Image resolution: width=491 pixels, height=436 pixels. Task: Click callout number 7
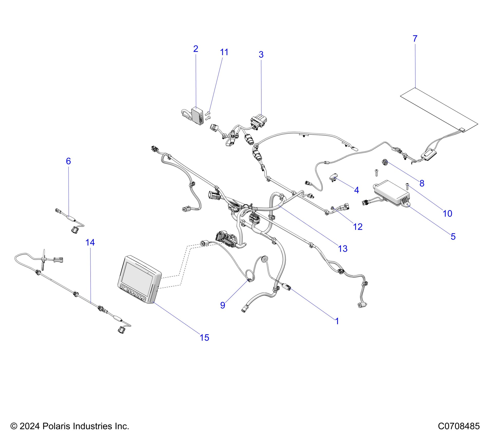point(415,39)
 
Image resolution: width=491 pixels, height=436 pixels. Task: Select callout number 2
point(196,49)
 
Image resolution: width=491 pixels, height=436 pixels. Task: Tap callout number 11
point(224,52)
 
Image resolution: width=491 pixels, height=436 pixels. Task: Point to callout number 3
point(261,54)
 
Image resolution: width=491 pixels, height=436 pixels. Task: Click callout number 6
point(68,161)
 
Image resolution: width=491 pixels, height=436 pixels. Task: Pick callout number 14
point(90,242)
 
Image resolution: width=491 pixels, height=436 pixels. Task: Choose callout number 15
point(204,338)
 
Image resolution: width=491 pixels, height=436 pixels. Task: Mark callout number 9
point(223,305)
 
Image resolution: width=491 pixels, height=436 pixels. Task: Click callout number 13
point(343,249)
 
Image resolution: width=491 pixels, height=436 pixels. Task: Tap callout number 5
point(453,236)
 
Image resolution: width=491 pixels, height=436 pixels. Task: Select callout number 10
point(447,213)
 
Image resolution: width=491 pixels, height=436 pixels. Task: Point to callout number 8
point(422,183)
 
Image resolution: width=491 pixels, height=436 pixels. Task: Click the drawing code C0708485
point(459,426)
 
